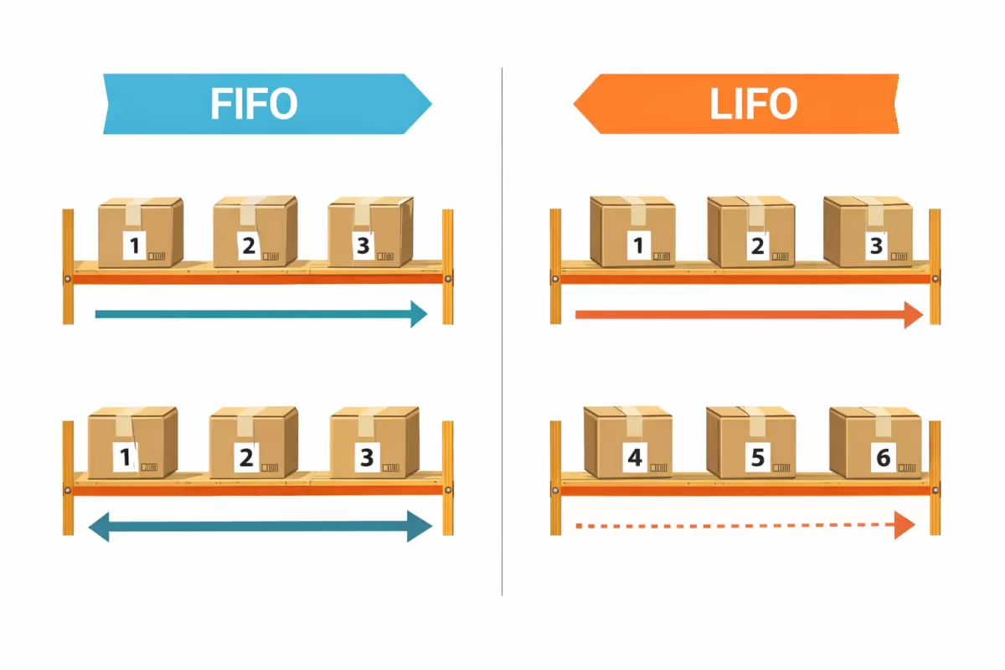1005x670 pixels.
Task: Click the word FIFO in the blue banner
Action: click(254, 105)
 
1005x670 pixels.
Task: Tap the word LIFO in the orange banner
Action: click(753, 105)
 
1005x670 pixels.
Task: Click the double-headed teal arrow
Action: click(260, 527)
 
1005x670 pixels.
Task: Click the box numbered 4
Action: click(627, 442)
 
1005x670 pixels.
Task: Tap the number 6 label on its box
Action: click(883, 457)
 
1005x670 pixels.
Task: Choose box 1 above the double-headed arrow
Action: click(131, 442)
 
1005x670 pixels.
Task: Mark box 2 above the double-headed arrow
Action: click(253, 442)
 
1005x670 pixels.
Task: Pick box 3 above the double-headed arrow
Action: click(374, 442)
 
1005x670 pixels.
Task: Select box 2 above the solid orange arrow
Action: click(750, 232)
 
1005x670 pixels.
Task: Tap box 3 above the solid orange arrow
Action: click(868, 231)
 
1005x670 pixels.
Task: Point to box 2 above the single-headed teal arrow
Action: click(255, 231)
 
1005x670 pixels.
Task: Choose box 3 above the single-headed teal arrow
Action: click(369, 231)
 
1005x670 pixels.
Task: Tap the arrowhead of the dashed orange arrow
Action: click(904, 526)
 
